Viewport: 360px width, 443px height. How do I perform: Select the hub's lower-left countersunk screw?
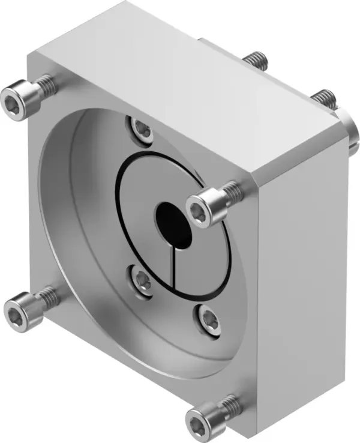coord(142,279)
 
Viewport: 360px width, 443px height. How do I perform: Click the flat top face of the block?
coord(180,72)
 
